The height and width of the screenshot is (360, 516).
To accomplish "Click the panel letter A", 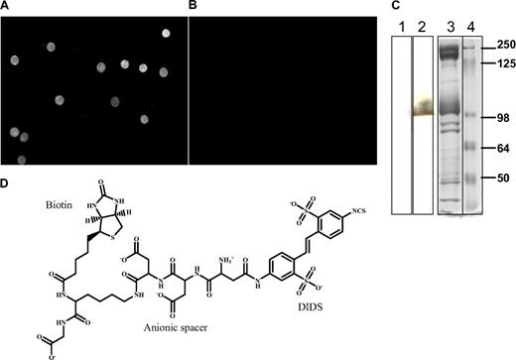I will pyautogui.click(x=5, y=7).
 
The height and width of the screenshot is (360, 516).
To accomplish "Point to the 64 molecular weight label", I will pyautogui.click(x=505, y=150).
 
